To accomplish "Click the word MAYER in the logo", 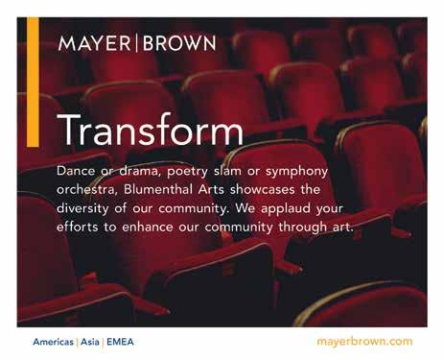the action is pos(95,43).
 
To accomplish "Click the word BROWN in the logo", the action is pos(179,43).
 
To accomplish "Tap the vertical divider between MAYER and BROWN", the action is pos(137,43).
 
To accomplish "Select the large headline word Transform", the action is pos(150,130).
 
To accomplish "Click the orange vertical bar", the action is pos(33,83).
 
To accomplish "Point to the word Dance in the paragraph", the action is pos(76,171).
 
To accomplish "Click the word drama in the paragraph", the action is pos(139,171).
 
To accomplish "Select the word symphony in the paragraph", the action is pos(297,172).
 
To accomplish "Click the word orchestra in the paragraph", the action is pos(85,189).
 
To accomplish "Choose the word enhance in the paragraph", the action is pos(148,227).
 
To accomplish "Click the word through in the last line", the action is pos(302,228).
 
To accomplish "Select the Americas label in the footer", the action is pos(53,342).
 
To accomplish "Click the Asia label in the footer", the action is pos(90,342).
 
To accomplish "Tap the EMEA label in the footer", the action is pos(120,342).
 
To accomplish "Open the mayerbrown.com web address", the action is pos(364,342).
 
